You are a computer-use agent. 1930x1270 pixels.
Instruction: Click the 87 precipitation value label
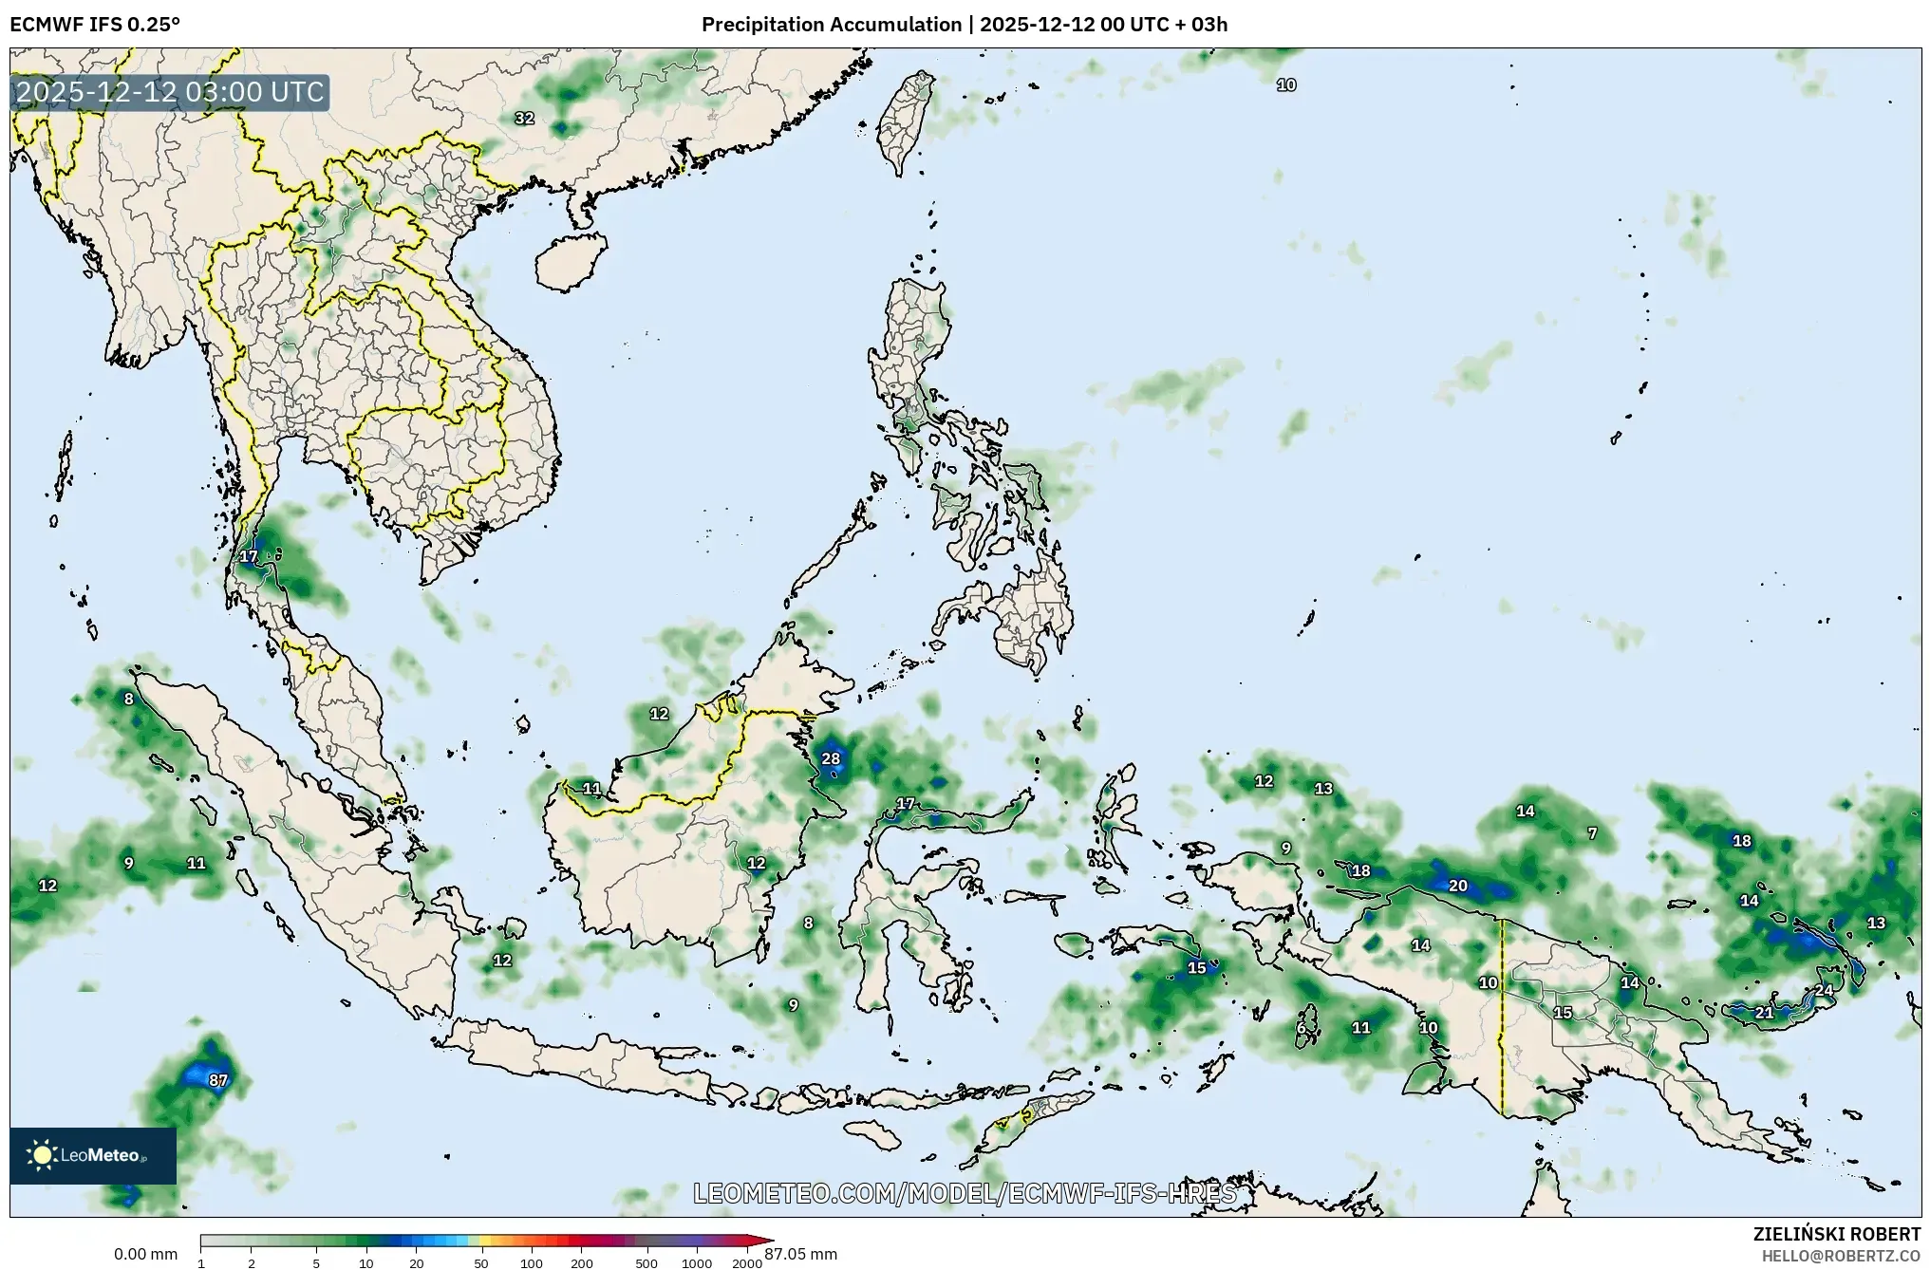(218, 1080)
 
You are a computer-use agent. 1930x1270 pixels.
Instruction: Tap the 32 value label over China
(524, 119)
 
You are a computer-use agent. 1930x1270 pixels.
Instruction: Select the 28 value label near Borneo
(831, 758)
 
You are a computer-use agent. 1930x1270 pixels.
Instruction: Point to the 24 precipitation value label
(1824, 990)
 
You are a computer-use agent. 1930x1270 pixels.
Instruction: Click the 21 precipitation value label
(1764, 1013)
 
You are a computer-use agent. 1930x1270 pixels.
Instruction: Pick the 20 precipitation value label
(1457, 886)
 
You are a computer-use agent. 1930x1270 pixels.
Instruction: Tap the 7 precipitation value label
(1592, 833)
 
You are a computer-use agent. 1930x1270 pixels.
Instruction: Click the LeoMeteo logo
(92, 1155)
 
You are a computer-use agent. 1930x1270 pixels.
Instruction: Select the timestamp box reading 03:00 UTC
(170, 93)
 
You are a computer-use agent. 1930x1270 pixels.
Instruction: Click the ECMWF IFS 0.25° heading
(95, 25)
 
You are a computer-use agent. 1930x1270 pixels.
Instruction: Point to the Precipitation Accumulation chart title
(964, 25)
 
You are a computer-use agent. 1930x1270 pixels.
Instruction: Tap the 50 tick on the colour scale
(481, 1263)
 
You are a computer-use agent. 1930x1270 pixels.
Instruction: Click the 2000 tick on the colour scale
(747, 1263)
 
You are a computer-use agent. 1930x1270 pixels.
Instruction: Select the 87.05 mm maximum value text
(801, 1254)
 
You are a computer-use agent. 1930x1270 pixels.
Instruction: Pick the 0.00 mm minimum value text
(145, 1254)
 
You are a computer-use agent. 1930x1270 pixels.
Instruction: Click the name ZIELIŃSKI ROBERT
(1836, 1234)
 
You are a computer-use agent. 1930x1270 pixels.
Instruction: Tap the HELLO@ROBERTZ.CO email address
(1841, 1256)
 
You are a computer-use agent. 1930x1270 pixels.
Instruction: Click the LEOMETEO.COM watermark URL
(965, 1193)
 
